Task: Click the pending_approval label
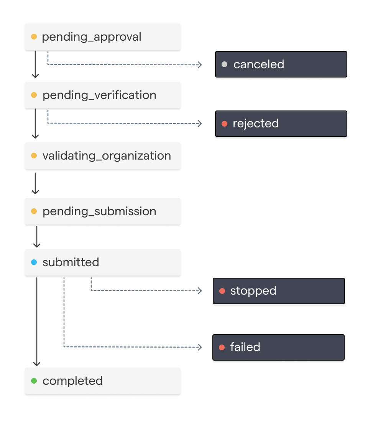coord(92,37)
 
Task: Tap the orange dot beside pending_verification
coord(34,95)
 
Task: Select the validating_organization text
coord(107,156)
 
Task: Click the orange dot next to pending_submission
coord(34,211)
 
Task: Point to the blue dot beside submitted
coord(34,262)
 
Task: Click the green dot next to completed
coord(34,381)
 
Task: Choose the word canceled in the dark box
coord(259,64)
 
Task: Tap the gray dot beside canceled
coord(225,64)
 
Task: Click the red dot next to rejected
coord(225,124)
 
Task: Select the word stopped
coord(253,291)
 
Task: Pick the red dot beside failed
coord(222,348)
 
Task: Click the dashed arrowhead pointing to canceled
coord(200,65)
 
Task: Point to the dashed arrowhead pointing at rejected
coord(200,124)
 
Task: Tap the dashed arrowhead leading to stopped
coord(200,291)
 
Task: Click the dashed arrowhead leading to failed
coord(200,347)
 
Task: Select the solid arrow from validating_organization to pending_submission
coord(35,183)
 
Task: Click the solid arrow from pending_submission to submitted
coord(37,237)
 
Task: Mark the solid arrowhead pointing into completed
coord(37,364)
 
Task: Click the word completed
coord(72,381)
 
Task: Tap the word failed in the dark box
coord(245,347)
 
